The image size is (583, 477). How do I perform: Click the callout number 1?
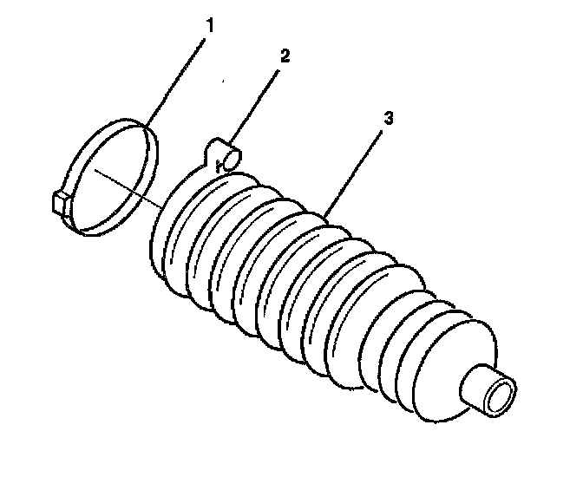pyautogui.click(x=207, y=27)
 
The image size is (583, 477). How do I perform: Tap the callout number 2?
pyautogui.click(x=285, y=57)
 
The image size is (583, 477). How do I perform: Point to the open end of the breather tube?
pyautogui.click(x=233, y=157)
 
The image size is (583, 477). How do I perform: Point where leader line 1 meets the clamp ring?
pyautogui.click(x=144, y=126)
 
